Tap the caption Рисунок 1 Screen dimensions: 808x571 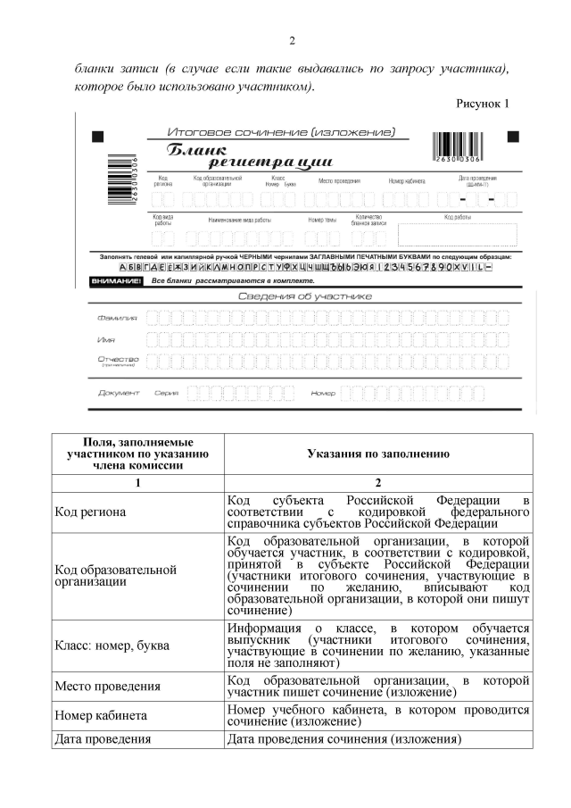[483, 103]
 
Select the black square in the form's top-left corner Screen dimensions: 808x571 [98, 137]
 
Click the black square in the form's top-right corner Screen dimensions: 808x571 [513, 137]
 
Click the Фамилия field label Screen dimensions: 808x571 [116, 318]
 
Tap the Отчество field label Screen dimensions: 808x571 [117, 360]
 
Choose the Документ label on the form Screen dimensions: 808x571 [119, 393]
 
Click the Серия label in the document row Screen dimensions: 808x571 [166, 393]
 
